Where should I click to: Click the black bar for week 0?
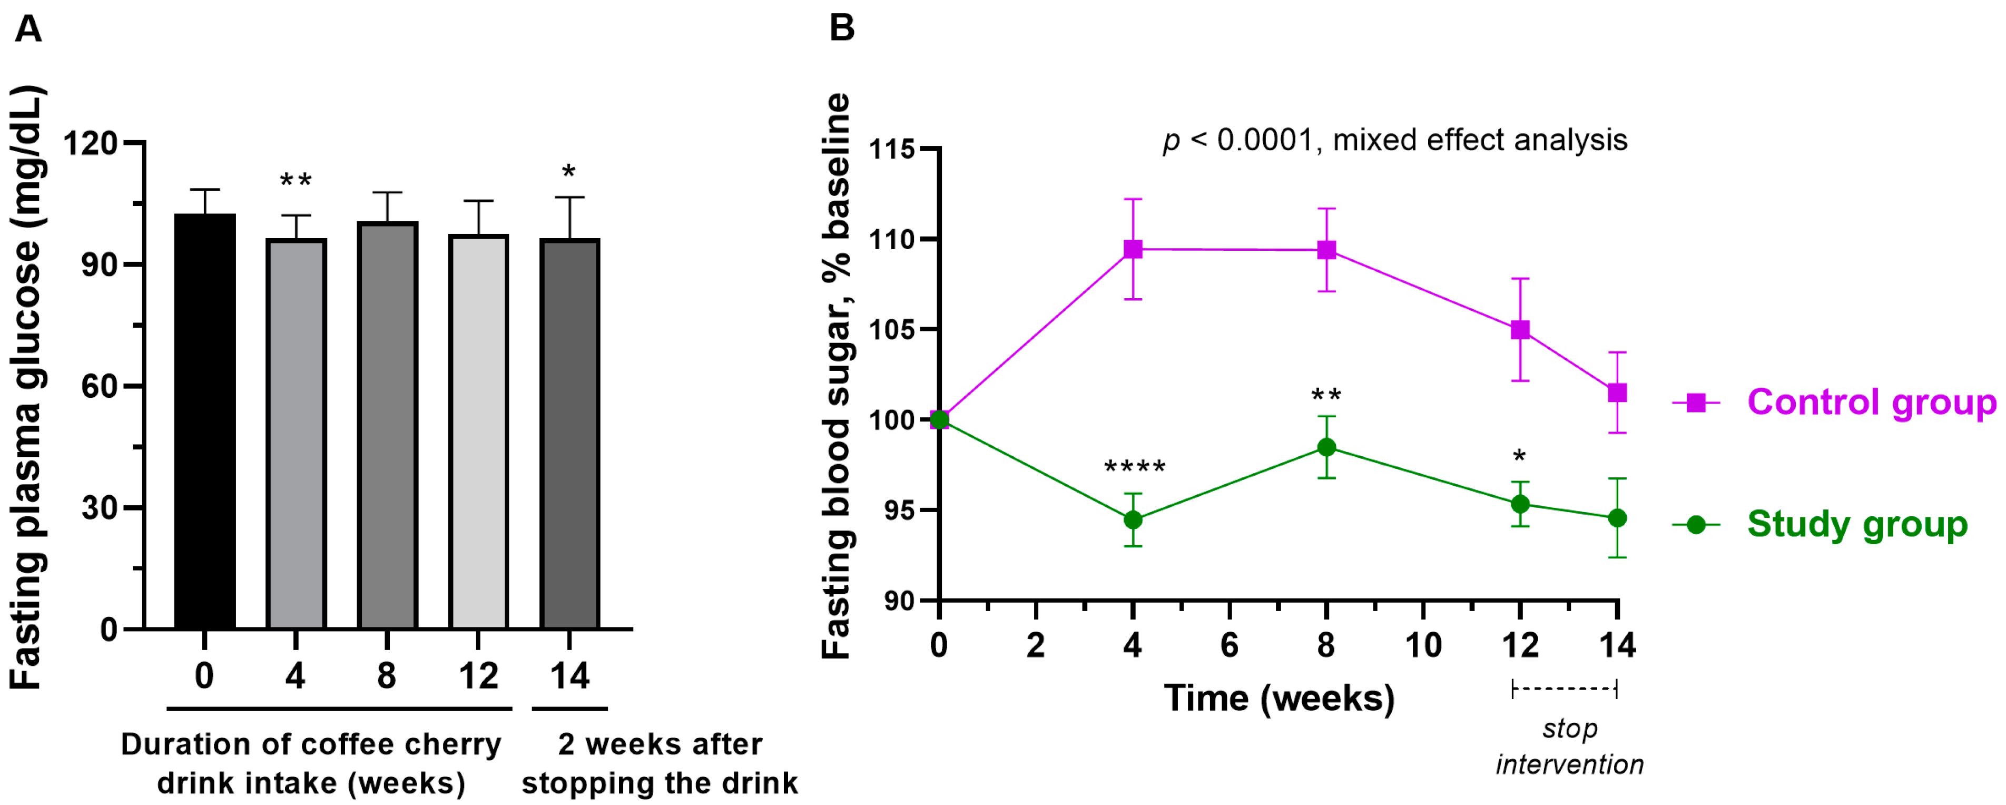tap(205, 420)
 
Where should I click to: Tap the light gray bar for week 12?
tap(478, 431)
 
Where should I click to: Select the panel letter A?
tap(29, 30)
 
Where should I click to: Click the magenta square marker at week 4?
tap(1133, 249)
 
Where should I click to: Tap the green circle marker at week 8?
tap(1326, 447)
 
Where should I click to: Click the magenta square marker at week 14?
tap(1617, 392)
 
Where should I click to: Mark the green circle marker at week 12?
tap(1519, 504)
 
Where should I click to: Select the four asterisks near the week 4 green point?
tap(1135, 468)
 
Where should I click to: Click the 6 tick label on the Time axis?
tap(1229, 645)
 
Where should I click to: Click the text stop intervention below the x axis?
tap(1569, 747)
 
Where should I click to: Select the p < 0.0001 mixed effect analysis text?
tap(1394, 140)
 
